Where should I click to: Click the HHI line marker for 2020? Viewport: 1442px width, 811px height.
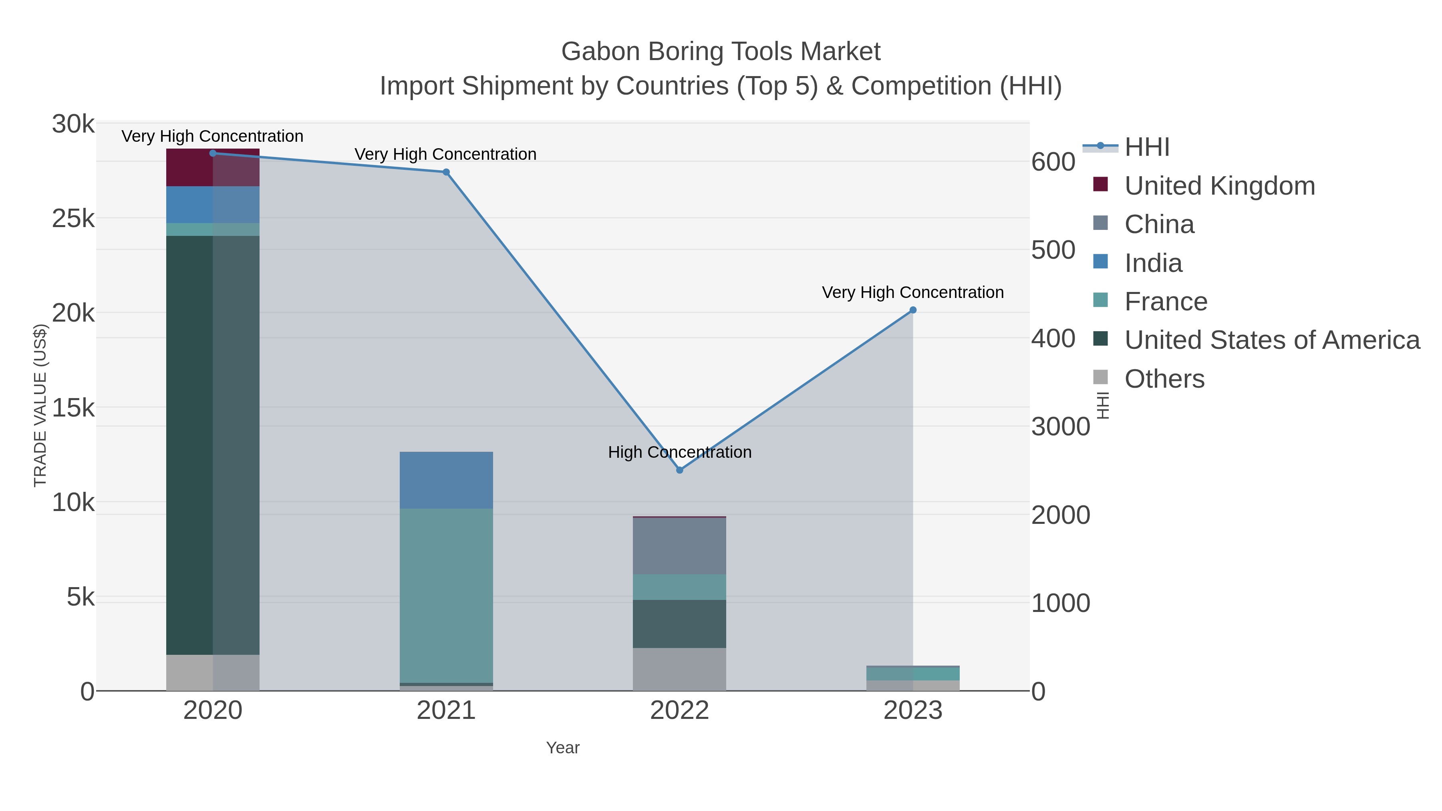pos(213,153)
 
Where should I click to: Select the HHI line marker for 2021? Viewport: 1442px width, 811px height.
pos(446,172)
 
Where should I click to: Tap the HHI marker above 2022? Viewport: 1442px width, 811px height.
pos(680,470)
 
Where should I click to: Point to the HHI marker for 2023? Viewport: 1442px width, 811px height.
pos(913,310)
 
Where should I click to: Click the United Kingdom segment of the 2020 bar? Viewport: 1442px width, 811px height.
pos(213,167)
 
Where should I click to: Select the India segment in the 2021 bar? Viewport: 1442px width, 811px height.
pos(446,480)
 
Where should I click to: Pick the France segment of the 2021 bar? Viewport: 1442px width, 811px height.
pos(446,596)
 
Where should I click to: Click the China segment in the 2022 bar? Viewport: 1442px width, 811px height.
pos(680,546)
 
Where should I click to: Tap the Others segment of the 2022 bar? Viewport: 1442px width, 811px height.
pos(680,669)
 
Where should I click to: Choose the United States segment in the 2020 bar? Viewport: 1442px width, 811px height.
pos(213,445)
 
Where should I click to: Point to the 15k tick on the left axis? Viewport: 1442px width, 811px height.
pos(73,408)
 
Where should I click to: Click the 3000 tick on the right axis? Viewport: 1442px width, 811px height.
pos(1060,427)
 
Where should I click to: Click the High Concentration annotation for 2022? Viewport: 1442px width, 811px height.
pos(680,452)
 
